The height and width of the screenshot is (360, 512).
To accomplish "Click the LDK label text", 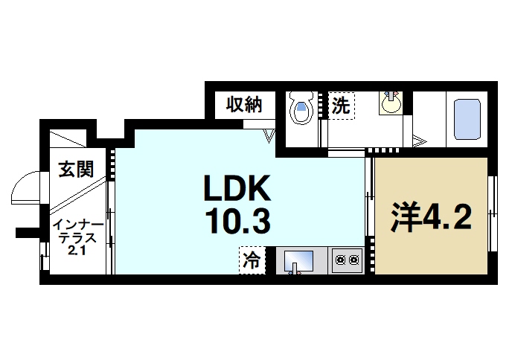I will coord(237,190).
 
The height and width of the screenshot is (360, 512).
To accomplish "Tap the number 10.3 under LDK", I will coord(237,221).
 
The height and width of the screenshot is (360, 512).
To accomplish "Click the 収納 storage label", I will coord(244,105).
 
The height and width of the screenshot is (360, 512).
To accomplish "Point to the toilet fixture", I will coord(301,109).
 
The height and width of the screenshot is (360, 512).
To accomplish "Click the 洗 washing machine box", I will coord(341,105).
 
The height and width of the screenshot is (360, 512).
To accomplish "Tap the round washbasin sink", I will coord(391,103).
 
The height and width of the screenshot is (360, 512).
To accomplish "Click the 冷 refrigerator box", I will coord(252,260).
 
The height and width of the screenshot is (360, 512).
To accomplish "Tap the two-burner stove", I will coord(346,260).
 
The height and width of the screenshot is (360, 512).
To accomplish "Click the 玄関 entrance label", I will coord(76,169).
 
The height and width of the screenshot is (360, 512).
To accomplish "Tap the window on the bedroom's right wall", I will coord(491,216).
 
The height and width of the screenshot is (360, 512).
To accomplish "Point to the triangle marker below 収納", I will coord(270,135).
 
